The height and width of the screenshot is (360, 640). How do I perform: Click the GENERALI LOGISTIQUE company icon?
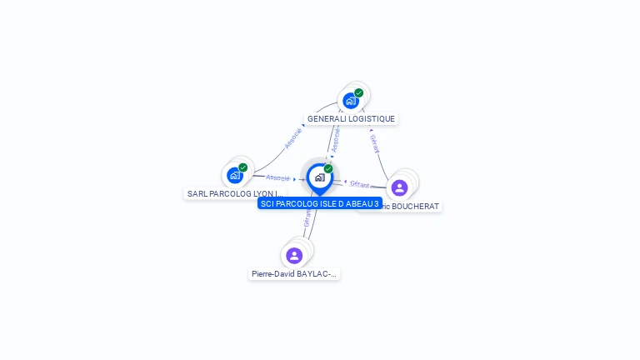351,101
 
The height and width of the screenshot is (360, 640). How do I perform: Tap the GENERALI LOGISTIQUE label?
351,119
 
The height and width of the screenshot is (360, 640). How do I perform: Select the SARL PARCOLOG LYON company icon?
235,175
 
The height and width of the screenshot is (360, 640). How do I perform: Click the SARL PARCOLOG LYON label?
236,193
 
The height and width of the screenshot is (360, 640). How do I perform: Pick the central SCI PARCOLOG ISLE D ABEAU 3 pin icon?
319,177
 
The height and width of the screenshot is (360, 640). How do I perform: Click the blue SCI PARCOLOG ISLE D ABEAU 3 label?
319,203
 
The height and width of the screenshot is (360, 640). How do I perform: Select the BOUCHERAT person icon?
399,187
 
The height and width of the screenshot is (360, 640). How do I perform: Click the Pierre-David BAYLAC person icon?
294,255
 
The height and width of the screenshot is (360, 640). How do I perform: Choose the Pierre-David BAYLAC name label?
294,273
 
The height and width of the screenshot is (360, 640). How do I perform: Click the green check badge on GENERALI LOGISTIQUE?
358,92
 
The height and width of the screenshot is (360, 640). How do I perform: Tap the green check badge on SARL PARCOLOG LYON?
243,167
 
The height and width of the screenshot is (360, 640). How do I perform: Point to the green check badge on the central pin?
328,168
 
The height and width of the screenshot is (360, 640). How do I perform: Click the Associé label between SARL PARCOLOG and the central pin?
278,177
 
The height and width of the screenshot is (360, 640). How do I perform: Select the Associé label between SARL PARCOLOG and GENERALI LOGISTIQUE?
292,138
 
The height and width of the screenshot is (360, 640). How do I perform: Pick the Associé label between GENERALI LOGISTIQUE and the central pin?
335,140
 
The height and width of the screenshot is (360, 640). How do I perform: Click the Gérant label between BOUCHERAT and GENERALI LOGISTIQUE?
374,142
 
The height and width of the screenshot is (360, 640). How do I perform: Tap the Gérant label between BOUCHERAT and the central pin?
360,183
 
